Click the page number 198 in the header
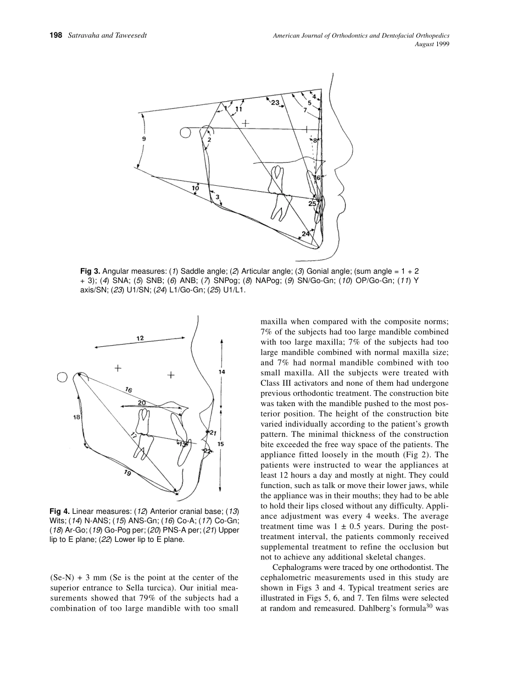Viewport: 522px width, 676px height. (x=55, y=36)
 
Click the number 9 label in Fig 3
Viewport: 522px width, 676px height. (x=144, y=140)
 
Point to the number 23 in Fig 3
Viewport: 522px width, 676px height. (x=275, y=102)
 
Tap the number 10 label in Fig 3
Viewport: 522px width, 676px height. (x=196, y=189)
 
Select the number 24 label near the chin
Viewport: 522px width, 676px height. (x=306, y=234)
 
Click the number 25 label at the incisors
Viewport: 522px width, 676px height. (x=312, y=203)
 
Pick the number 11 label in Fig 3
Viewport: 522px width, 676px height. (x=238, y=109)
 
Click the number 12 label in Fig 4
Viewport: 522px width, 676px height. (x=141, y=339)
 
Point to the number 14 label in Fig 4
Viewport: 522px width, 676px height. (x=221, y=372)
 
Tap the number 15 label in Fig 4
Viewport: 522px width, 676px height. (x=221, y=443)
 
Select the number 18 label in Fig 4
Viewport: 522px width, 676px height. (x=76, y=417)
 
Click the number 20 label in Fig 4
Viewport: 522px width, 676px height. (x=142, y=403)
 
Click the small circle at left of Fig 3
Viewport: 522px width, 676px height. (x=185, y=132)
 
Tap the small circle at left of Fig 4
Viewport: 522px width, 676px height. (x=62, y=377)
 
